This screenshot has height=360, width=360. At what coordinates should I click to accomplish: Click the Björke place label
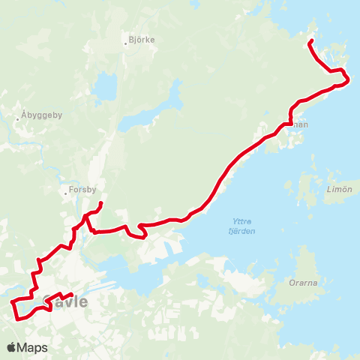[142, 40]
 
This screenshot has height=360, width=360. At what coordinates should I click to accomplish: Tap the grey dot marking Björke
[126, 43]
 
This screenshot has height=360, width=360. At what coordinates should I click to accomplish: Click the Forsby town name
[83, 190]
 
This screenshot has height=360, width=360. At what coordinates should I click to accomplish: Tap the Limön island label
[340, 189]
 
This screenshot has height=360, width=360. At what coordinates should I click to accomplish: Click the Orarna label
[303, 284]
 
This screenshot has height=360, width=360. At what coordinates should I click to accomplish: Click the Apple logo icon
[12, 347]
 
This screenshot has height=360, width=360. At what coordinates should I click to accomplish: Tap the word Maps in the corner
[34, 347]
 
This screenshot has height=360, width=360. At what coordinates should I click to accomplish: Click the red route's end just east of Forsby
[101, 202]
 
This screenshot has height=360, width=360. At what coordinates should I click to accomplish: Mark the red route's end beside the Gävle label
[71, 294]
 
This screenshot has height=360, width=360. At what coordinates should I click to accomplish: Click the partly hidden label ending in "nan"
[301, 125]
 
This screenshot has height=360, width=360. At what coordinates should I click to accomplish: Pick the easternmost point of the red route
[349, 79]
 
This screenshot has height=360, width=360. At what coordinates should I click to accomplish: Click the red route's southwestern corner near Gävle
[16, 316]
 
